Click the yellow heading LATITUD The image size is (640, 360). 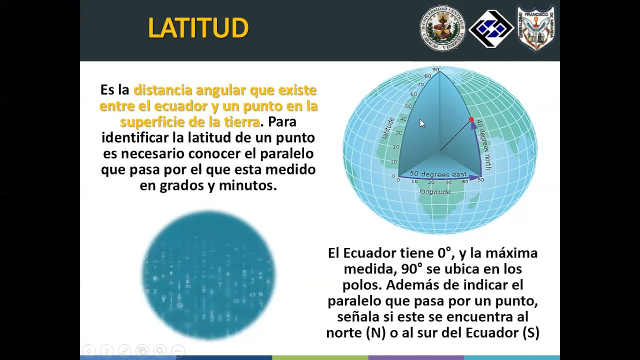(x=198, y=28)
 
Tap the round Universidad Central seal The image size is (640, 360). (x=442, y=28)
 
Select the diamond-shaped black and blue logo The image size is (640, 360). (x=491, y=29)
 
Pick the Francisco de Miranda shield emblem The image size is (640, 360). (x=536, y=28)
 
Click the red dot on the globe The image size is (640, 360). (x=471, y=120)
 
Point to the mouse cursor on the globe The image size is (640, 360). (x=421, y=123)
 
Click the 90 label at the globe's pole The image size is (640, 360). (x=435, y=70)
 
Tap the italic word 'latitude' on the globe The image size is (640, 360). (x=388, y=128)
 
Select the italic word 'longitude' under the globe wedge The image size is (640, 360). (x=434, y=191)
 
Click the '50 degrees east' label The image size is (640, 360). (x=437, y=174)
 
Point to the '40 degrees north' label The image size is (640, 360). (x=484, y=144)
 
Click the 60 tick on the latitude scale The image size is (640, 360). (x=413, y=94)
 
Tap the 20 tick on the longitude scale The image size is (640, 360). (x=431, y=182)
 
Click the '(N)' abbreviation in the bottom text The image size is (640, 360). (x=375, y=333)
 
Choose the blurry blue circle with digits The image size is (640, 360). (x=209, y=275)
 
